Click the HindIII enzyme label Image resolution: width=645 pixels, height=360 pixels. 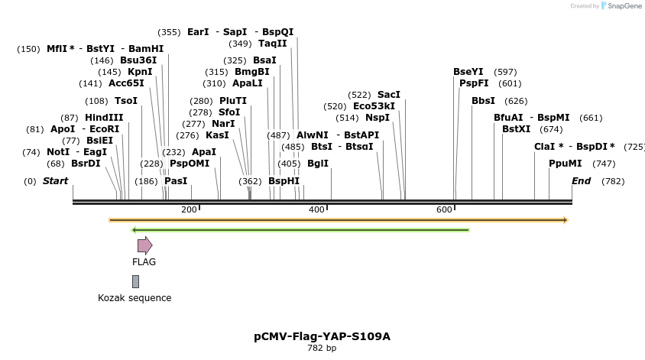pos(103,118)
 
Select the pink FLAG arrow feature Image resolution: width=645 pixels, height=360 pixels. pos(144,245)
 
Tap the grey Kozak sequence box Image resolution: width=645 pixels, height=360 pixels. pos(135,281)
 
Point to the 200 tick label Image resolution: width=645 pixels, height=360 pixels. pos(189,209)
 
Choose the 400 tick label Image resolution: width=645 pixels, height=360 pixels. pos(316,209)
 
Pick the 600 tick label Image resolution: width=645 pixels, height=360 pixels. pos(444,209)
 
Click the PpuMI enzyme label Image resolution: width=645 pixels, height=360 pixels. pos(565,164)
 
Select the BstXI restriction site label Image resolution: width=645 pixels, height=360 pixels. pos(516,129)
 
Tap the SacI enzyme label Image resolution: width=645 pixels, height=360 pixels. pos(388,95)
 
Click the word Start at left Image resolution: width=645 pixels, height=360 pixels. pos(55,181)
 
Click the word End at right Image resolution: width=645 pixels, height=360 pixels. pos(581,181)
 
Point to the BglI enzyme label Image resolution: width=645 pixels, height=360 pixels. pos(317,164)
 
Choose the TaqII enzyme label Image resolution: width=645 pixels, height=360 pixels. pos(272,44)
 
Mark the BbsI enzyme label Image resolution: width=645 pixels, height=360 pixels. pos(483,101)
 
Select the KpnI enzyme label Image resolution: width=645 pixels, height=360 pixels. pos(140,72)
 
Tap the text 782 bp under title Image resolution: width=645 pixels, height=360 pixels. pos(322,349)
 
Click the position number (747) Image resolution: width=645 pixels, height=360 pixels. pos(604,164)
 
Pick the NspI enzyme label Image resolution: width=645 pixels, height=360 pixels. pos(377,118)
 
